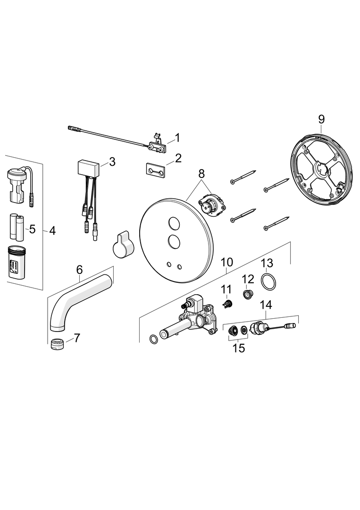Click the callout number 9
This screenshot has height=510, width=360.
tap(321, 119)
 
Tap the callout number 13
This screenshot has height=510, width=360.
tap(267, 263)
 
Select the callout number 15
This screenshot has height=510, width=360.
tap(239, 348)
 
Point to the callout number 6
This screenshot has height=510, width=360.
tap(79, 270)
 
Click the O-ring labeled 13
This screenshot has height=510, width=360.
tap(269, 281)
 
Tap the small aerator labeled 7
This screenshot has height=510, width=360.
tap(57, 344)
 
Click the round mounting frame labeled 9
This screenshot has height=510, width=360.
tap(321, 168)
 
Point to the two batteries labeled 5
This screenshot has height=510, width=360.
tap(17, 227)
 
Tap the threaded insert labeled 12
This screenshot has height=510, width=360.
tap(248, 295)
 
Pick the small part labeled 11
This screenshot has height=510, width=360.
tap(227, 304)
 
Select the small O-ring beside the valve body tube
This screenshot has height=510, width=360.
tap(153, 339)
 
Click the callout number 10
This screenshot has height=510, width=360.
tap(227, 262)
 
